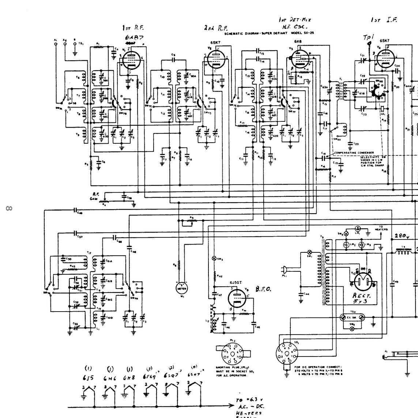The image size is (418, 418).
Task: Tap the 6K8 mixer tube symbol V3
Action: [299, 59]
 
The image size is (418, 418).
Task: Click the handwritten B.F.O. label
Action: [263, 289]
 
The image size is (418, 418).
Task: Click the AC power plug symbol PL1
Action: [285, 270]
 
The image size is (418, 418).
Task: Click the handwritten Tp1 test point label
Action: [367, 38]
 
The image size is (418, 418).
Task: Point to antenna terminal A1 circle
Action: [56, 44]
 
